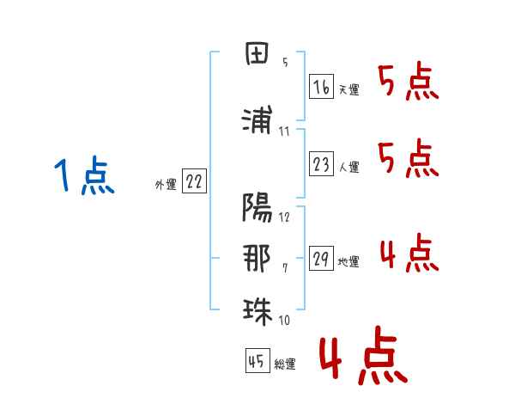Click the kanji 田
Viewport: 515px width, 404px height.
(x=257, y=57)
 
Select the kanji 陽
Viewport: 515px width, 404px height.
(x=257, y=207)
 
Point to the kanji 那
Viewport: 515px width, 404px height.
(x=257, y=259)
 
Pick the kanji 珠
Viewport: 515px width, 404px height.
(x=257, y=309)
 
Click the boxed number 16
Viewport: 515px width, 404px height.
(x=321, y=88)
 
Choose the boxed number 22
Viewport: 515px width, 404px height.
(x=195, y=183)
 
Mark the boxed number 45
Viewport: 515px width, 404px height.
(x=257, y=363)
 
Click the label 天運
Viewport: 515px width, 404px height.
(x=348, y=90)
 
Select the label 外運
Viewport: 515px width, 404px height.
(x=165, y=185)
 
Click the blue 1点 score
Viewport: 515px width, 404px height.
(x=84, y=177)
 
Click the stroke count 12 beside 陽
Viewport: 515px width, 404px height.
(x=284, y=217)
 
